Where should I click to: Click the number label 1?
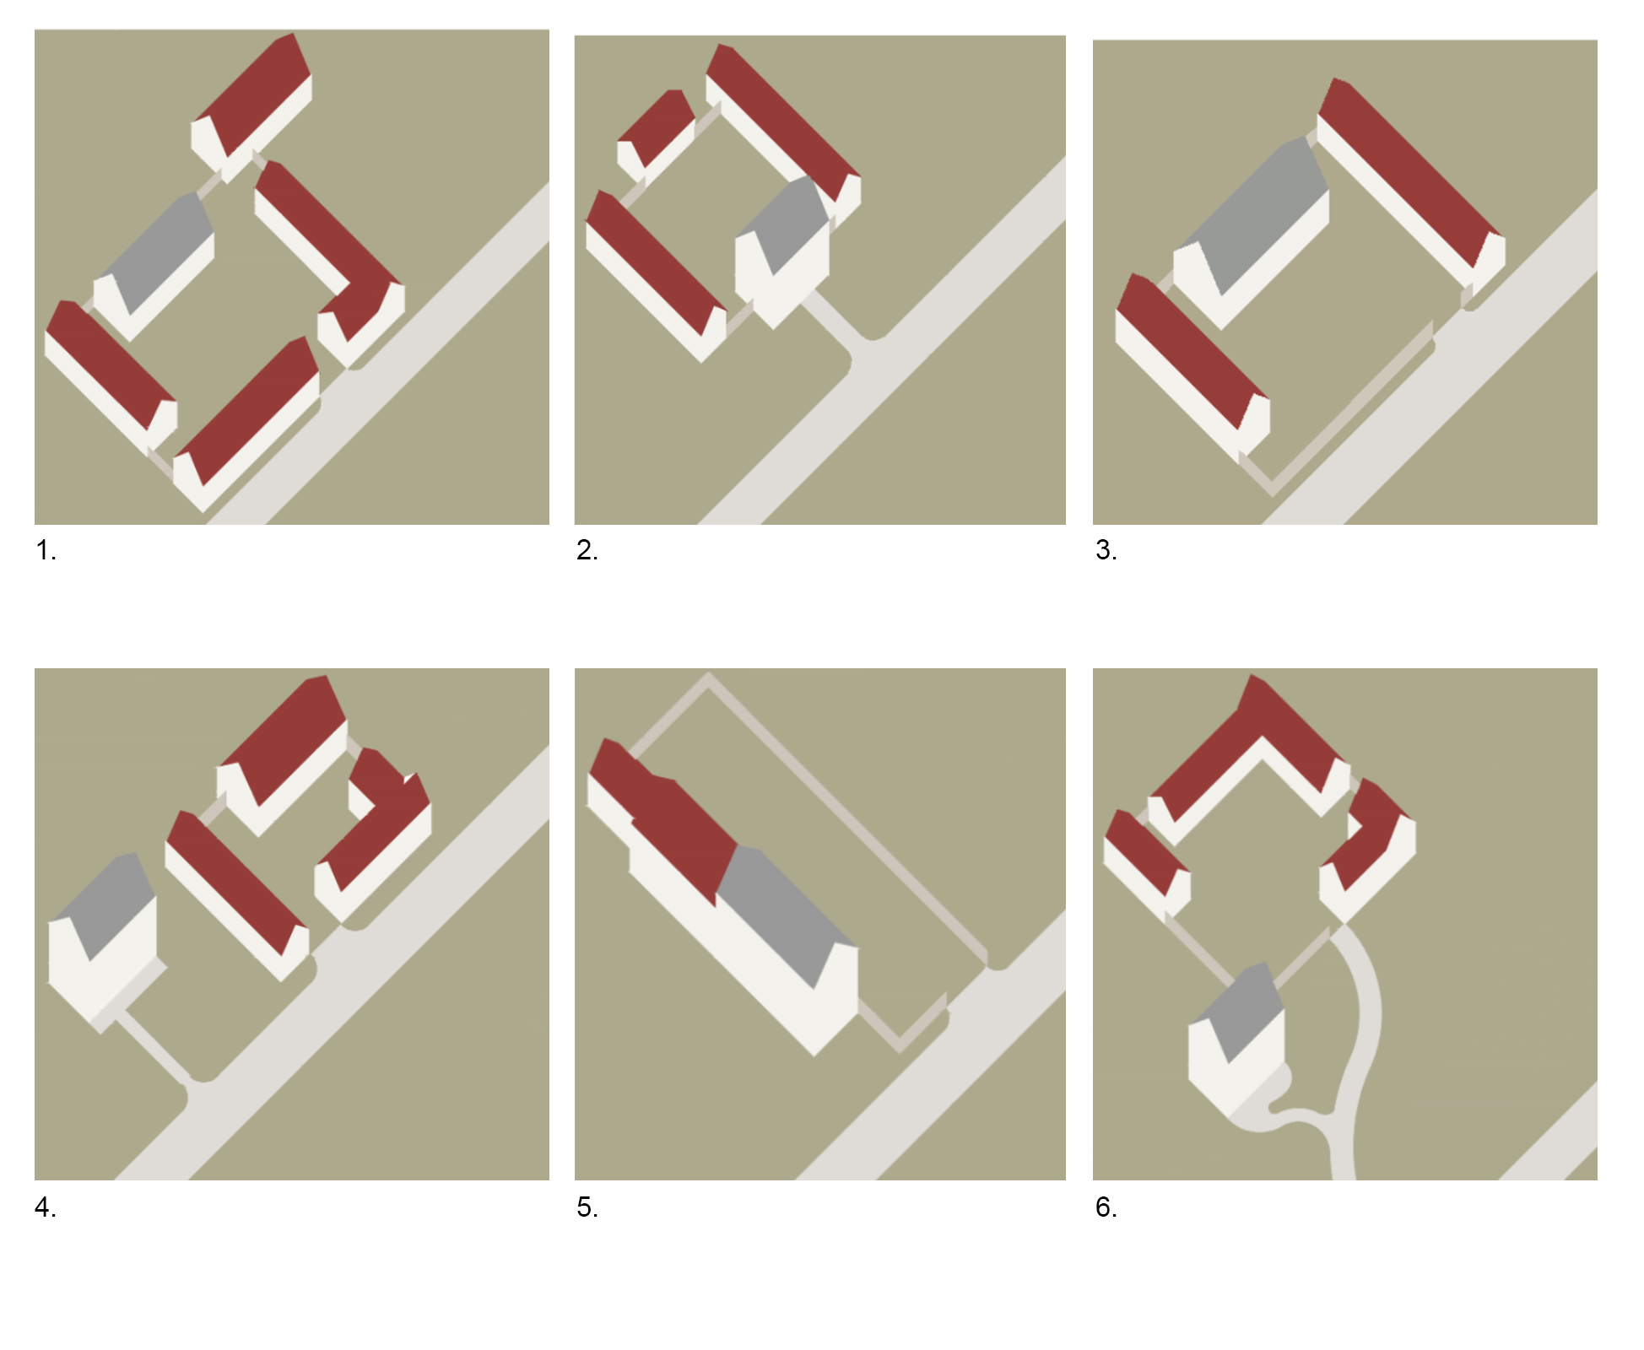[46, 551]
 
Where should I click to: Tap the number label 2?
[587, 551]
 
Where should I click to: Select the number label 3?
[1106, 551]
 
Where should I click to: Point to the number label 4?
[46, 1207]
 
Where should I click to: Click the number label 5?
[587, 1207]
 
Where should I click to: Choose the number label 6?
[1106, 1207]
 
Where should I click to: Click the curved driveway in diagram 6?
[1360, 1055]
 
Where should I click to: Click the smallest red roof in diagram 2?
[657, 127]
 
